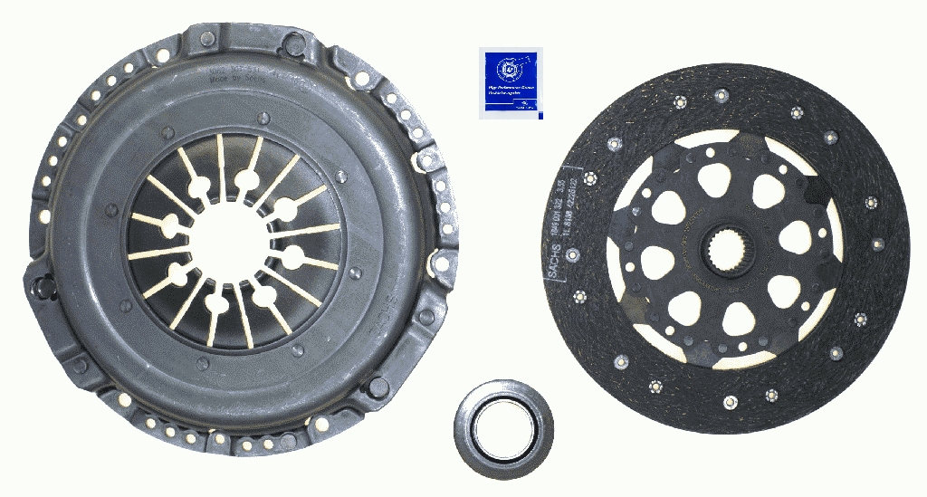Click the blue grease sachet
[511, 82]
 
